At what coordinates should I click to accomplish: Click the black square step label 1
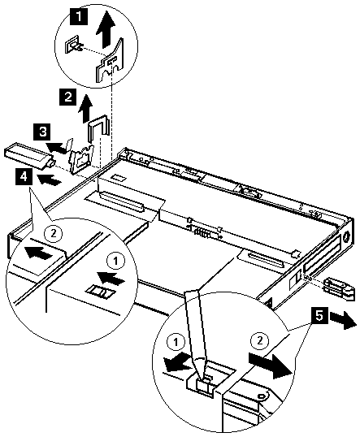tap(79, 17)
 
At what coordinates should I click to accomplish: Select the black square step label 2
tap(67, 97)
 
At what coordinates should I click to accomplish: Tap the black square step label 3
tap(42, 132)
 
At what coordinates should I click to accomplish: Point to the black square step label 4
tap(24, 177)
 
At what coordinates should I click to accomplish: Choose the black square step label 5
tap(319, 316)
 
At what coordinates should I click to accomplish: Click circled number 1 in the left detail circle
tap(115, 261)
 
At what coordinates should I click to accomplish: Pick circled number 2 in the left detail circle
tap(54, 233)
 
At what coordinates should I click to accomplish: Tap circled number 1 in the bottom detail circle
tap(176, 342)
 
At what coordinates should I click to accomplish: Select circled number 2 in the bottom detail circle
tap(259, 340)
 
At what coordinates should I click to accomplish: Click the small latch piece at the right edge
tap(340, 290)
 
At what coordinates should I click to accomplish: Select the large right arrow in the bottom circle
tap(271, 365)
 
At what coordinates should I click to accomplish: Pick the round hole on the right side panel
tap(347, 238)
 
